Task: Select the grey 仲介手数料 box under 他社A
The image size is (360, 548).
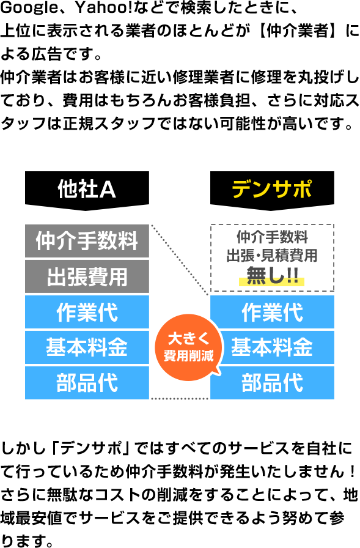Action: click(x=87, y=240)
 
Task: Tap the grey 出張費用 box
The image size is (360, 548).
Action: click(x=87, y=276)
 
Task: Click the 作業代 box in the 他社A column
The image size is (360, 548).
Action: click(x=87, y=312)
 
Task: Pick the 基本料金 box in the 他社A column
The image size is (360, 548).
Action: click(x=87, y=347)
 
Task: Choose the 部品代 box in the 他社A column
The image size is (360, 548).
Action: click(x=87, y=383)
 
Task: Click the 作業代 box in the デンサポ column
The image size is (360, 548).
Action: click(x=272, y=312)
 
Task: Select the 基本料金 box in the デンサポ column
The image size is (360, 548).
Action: click(x=272, y=347)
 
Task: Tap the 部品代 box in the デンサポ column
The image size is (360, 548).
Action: click(x=272, y=383)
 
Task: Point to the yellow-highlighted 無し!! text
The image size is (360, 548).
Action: click(x=272, y=276)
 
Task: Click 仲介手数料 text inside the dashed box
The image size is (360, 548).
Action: click(x=272, y=237)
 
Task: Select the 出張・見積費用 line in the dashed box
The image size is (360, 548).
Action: click(x=272, y=256)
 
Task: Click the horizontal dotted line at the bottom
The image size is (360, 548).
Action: click(x=179, y=399)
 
